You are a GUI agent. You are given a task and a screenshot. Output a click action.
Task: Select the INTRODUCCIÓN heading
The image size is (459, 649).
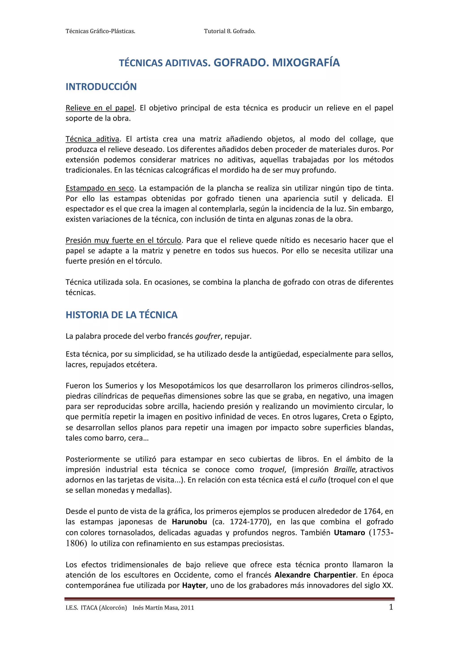coord(101,87)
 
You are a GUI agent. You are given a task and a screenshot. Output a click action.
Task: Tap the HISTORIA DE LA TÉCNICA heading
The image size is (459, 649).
coord(121,315)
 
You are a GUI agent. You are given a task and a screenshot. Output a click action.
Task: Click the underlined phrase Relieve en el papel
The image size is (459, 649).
coord(100,108)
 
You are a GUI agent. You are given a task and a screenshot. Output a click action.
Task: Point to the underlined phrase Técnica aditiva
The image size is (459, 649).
coord(92,139)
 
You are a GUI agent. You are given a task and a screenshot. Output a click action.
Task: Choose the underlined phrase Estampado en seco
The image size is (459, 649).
coord(100,188)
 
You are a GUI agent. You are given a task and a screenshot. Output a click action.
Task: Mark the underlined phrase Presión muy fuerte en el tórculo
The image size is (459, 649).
coord(123,240)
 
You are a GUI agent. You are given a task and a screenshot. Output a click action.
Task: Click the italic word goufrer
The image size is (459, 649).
coord(208,336)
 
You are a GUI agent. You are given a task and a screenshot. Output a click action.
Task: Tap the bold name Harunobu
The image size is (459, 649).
coord(189,521)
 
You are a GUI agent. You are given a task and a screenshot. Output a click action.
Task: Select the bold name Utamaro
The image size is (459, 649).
coord(349,532)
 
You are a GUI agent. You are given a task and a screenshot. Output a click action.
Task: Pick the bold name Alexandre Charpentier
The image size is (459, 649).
coord(315,575)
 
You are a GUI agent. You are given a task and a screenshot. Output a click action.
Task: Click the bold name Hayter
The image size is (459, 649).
coord(194,585)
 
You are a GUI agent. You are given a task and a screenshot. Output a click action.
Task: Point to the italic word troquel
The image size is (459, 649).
coord(272,469)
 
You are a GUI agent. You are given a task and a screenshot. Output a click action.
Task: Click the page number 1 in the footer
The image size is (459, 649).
coord(391,607)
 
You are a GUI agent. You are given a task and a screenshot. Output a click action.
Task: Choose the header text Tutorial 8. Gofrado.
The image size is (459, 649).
coord(229,31)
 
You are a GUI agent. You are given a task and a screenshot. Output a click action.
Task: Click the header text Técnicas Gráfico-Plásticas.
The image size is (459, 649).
coord(100,31)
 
